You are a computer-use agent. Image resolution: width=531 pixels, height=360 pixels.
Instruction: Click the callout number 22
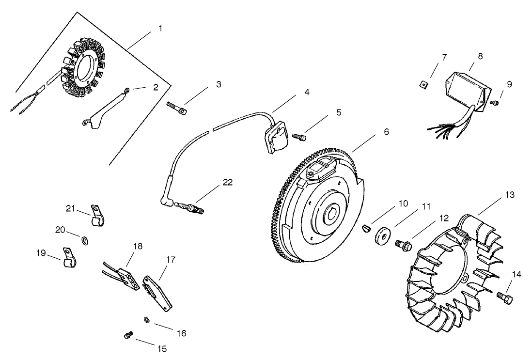[x=227, y=183]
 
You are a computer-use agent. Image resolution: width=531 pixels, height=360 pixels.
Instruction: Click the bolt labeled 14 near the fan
[x=504, y=298]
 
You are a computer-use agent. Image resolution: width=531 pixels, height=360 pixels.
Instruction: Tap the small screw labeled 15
[x=128, y=335]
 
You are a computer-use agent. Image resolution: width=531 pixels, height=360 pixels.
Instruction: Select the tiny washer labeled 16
[x=146, y=319]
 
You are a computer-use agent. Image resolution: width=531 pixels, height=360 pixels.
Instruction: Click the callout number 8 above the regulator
[x=480, y=56]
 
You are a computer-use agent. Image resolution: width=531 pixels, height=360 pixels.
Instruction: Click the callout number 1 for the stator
[x=160, y=28]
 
